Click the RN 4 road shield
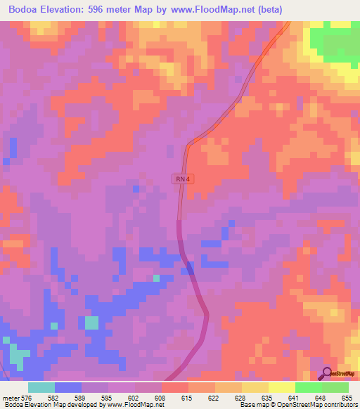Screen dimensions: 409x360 (182, 179)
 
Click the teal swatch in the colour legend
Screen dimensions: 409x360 (41, 387)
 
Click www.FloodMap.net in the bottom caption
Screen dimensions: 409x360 (137, 405)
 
